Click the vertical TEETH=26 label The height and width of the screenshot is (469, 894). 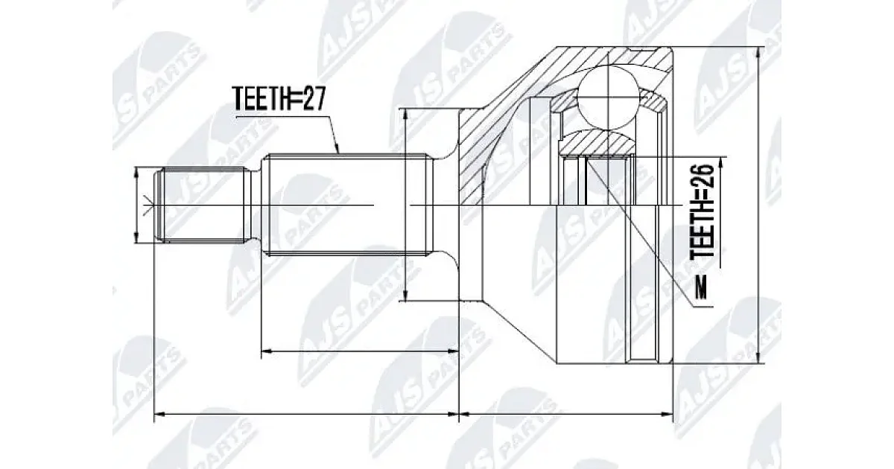pos(703,210)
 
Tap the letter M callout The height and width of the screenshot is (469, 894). pos(701,288)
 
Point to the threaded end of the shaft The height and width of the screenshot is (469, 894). pos(204,205)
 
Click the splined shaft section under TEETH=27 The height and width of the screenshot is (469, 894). pos(347,205)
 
